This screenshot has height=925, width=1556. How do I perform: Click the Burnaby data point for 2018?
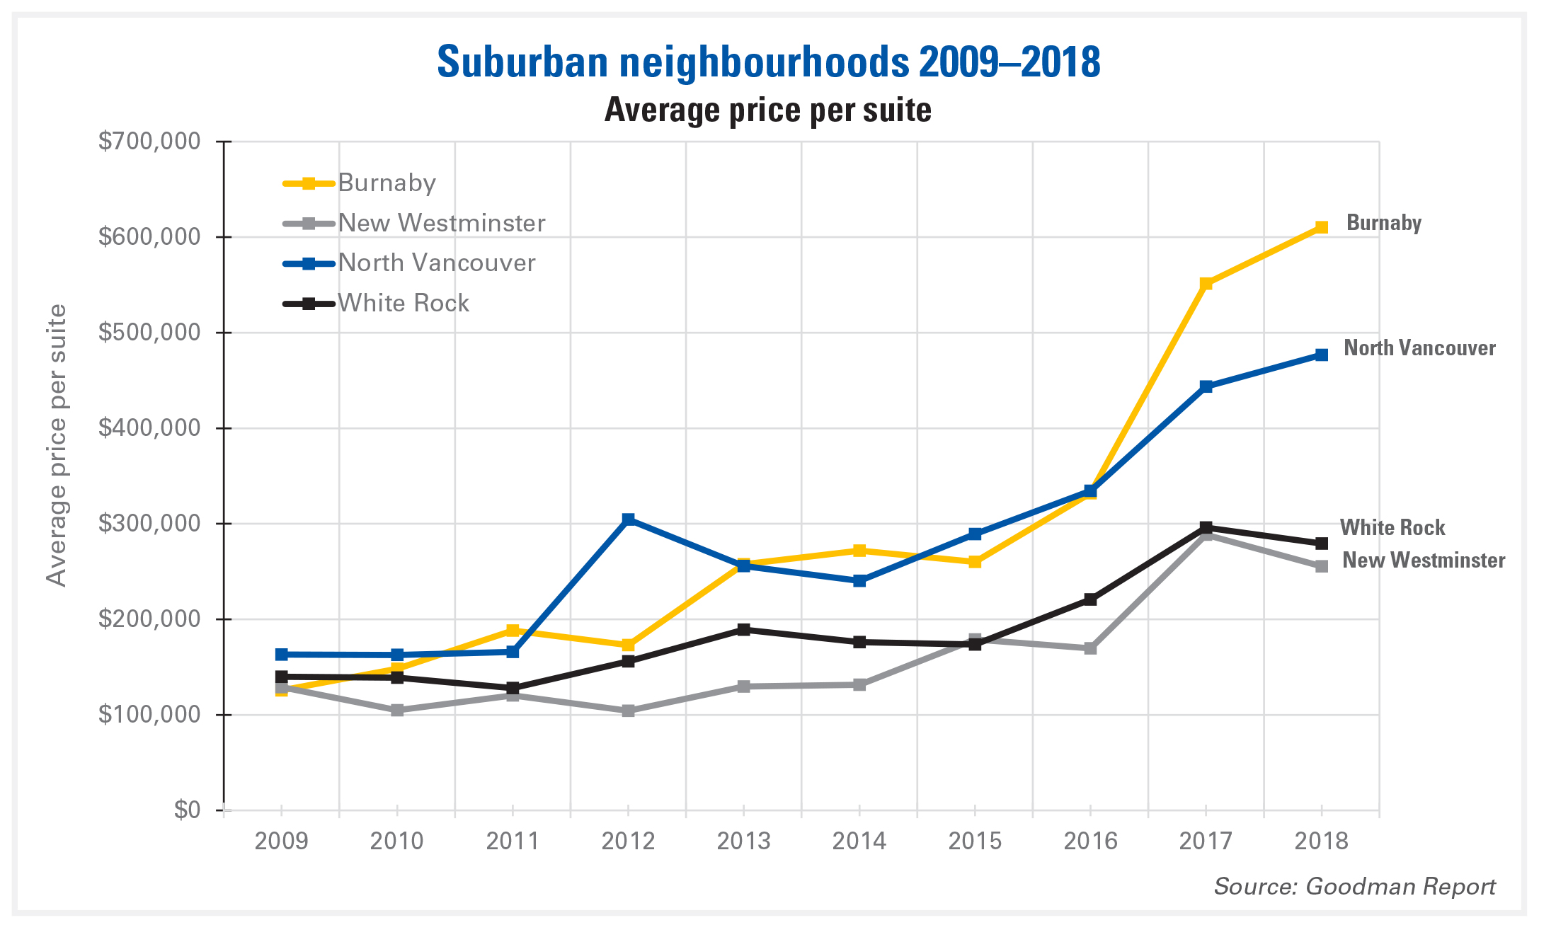[x=1321, y=227]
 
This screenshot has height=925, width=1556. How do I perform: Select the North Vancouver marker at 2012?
[x=628, y=519]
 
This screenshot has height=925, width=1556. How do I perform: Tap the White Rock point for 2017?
[x=1206, y=527]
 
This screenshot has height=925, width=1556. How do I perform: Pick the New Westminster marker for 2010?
[x=397, y=710]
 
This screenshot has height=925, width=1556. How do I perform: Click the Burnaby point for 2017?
[x=1206, y=284]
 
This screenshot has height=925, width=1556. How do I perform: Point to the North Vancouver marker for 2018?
[x=1321, y=355]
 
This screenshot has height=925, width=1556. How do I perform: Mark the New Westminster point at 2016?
[x=1090, y=648]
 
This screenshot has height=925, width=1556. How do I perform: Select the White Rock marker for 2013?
[x=743, y=629]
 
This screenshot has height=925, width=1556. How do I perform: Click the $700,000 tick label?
[x=149, y=142]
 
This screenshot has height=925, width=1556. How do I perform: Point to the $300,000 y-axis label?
[x=149, y=524]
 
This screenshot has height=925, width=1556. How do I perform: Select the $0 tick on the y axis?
[x=188, y=810]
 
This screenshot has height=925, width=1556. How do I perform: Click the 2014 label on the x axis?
[x=859, y=841]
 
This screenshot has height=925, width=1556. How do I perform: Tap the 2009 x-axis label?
[x=281, y=841]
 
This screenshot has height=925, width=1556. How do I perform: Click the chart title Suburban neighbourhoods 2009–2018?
[x=768, y=62]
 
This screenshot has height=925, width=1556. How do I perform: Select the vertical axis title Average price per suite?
[x=57, y=445]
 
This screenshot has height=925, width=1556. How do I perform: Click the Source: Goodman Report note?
[x=1354, y=886]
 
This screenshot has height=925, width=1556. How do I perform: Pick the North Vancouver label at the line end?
[x=1419, y=348]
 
